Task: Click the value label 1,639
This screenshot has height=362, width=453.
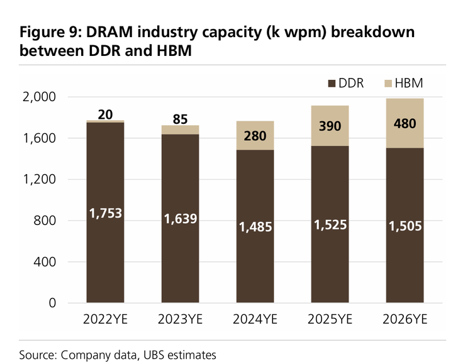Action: (x=181, y=219)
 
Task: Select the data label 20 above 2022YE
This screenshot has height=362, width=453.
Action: (x=105, y=114)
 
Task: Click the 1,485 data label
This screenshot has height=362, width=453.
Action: (x=255, y=227)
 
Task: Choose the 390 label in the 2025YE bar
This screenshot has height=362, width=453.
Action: (x=330, y=126)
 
